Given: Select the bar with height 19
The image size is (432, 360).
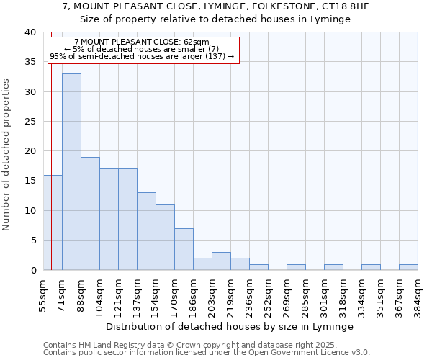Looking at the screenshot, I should coord(90,213).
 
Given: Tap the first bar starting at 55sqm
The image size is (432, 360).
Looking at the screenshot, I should coord(53,222).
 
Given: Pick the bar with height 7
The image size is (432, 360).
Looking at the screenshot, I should coord(184,249).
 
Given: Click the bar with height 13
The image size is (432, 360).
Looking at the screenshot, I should coord(146,231).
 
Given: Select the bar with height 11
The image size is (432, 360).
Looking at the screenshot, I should coord(165,237).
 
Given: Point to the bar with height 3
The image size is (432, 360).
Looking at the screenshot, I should coord(221,261).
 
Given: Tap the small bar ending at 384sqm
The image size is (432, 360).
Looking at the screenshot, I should coord(408,267).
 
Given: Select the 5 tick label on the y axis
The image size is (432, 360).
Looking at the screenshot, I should coord(32,240).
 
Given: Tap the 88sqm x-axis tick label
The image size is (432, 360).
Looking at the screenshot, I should coord(81,294).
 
